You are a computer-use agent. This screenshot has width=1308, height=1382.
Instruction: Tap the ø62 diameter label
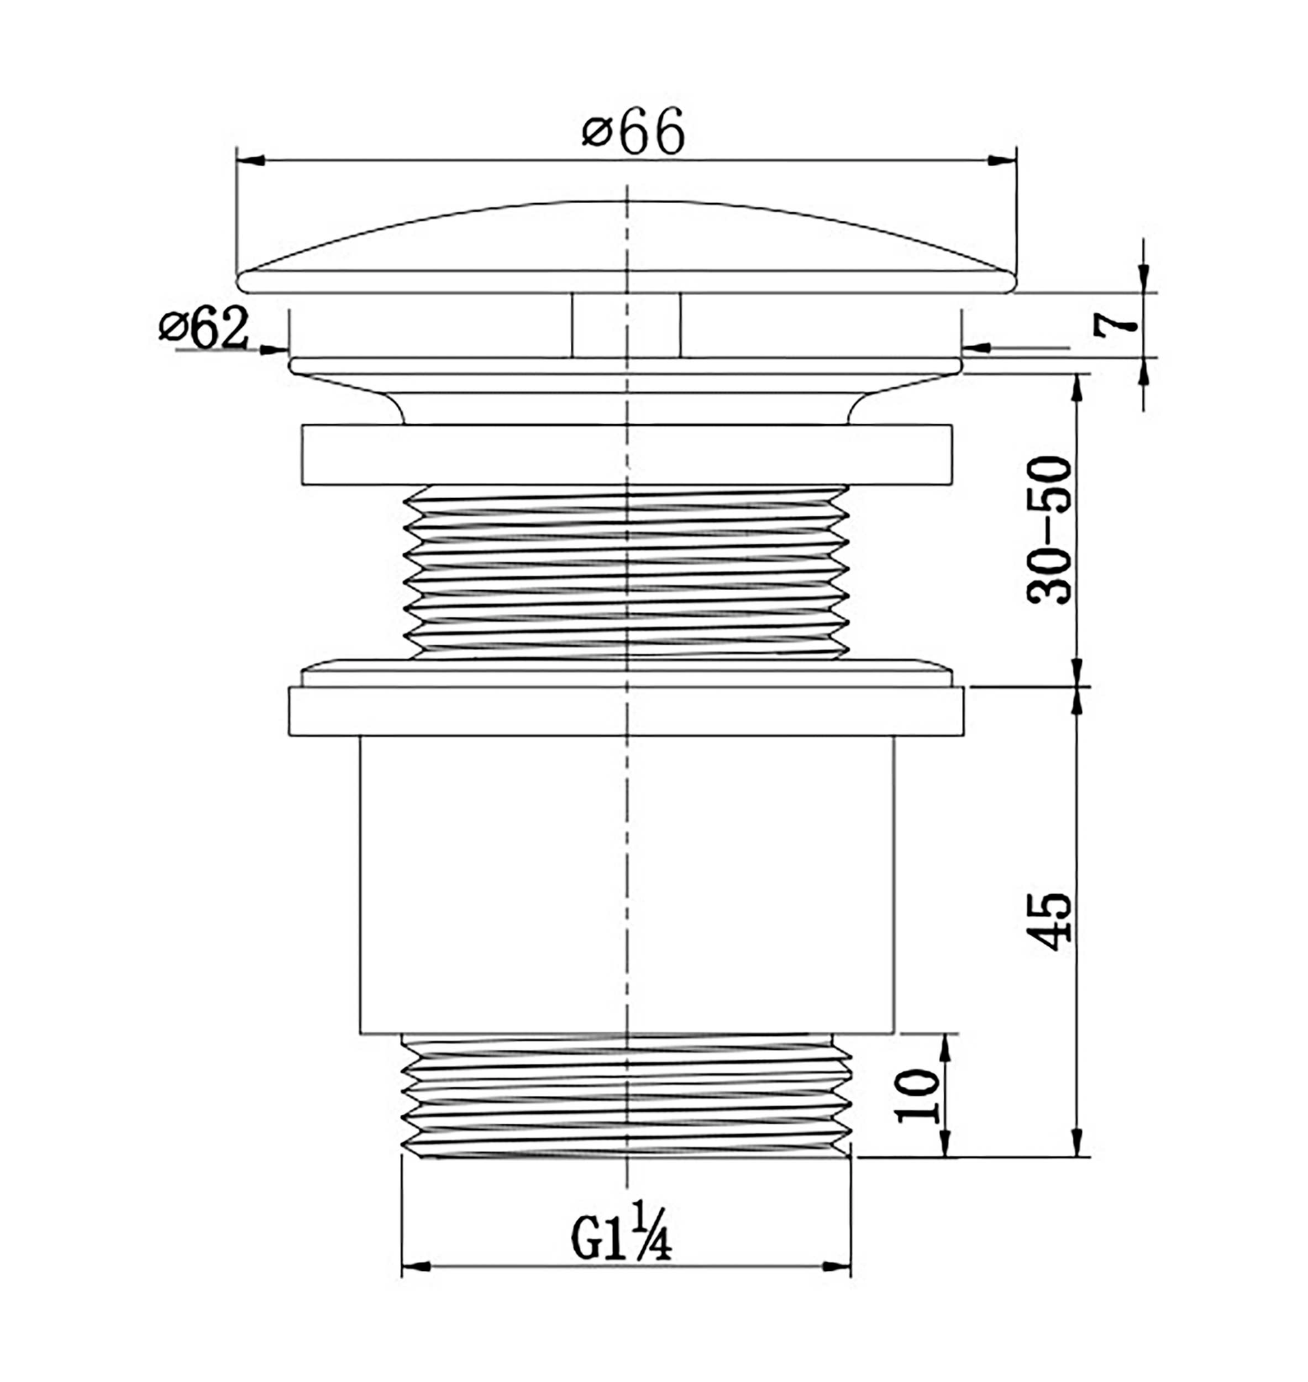click(x=203, y=328)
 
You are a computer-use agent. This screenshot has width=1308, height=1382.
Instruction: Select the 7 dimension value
click(x=1113, y=325)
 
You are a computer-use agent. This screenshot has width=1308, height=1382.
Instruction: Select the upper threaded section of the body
click(x=626, y=572)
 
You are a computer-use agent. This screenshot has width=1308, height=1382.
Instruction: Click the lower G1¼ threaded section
click(x=626, y=1098)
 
